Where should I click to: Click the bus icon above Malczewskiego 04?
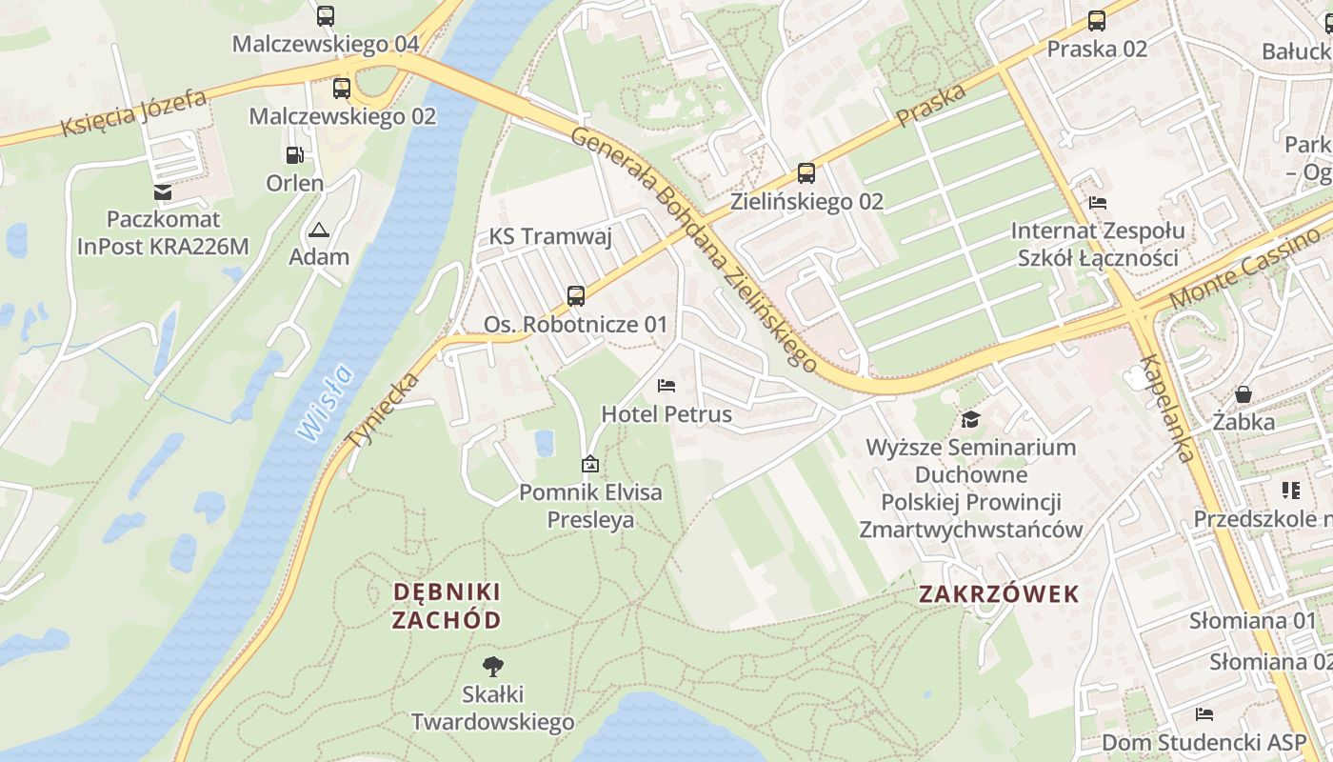[326, 16]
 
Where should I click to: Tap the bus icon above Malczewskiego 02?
[341, 89]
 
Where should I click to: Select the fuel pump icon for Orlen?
[295, 155]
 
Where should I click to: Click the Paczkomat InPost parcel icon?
[163, 192]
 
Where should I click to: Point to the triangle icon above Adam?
[318, 230]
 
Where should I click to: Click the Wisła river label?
[325, 403]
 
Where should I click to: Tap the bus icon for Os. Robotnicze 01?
[576, 296]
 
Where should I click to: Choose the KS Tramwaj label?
[550, 237]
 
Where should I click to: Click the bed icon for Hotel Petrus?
[666, 386]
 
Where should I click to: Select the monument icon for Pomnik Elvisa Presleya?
[590, 465]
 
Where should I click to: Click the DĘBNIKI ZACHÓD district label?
[447, 606]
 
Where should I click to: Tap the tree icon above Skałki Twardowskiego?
[492, 666]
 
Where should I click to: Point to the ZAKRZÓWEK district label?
[999, 594]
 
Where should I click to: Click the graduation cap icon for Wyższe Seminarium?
[970, 419]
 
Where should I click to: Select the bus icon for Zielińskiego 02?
[806, 173]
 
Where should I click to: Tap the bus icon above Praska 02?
[1097, 20]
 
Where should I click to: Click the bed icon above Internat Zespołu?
[1098, 203]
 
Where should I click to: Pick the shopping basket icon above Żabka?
[1243, 393]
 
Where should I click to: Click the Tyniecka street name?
[384, 411]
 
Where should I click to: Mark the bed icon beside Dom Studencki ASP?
[1204, 714]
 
